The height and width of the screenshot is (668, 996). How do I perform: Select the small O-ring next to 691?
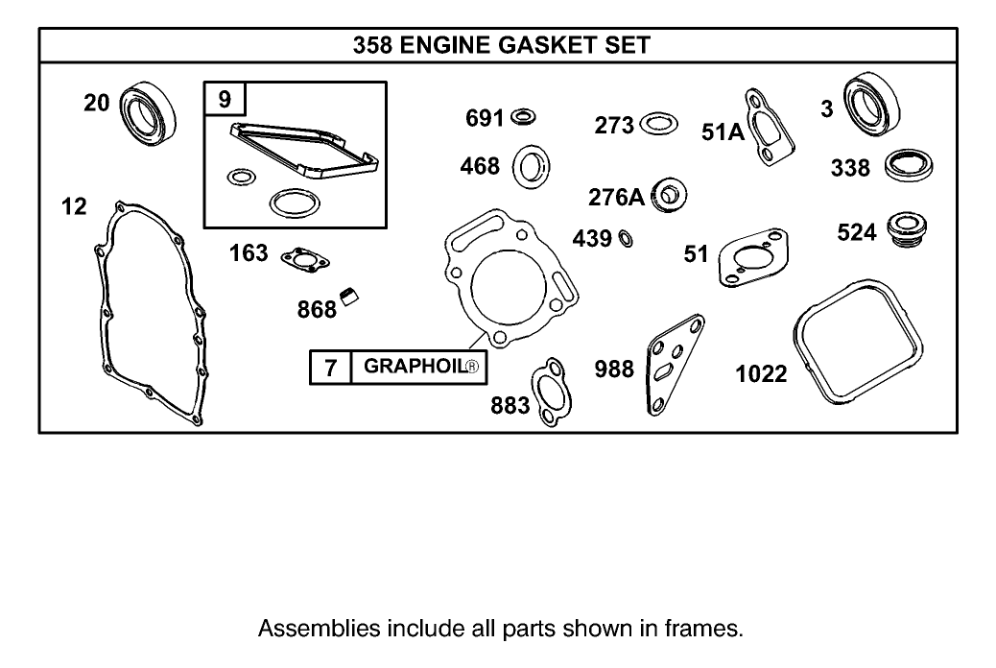coord(524,117)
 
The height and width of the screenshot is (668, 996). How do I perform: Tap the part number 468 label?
coord(480,166)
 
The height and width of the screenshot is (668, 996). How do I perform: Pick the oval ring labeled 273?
coord(658,124)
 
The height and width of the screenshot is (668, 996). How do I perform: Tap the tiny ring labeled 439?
coord(625,238)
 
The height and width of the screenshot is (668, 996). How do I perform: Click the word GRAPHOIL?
coord(414,367)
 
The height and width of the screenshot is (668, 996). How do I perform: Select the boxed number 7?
coord(330,368)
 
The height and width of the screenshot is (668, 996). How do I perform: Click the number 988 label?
coord(614,369)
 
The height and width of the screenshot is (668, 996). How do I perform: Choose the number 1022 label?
coord(761,373)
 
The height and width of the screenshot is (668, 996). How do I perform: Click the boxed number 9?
coord(225,98)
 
